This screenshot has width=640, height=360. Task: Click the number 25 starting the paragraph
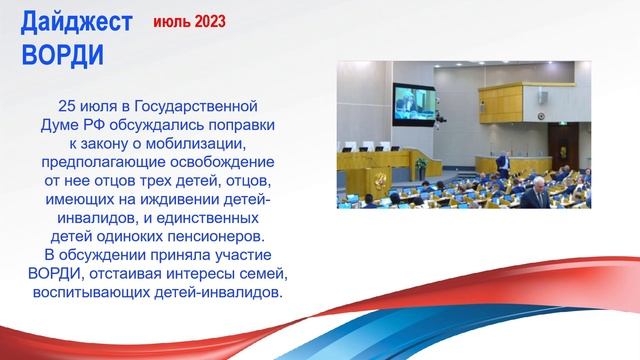(68, 104)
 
